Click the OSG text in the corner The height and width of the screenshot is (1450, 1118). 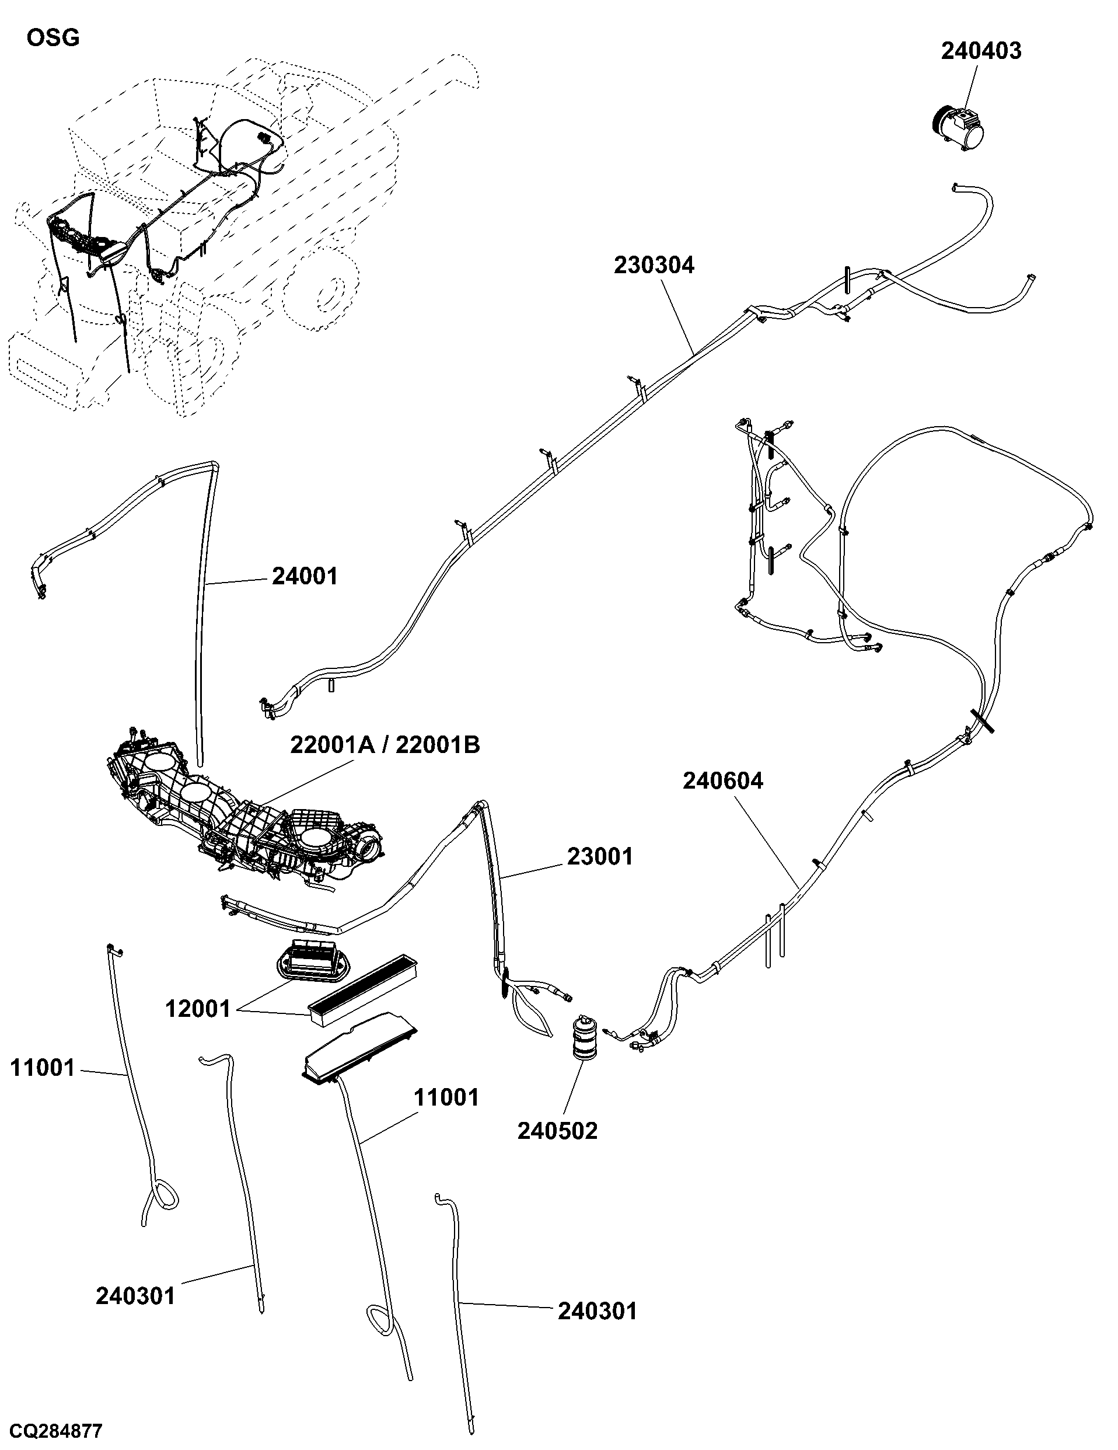(53, 38)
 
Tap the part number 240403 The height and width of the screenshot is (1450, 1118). (981, 51)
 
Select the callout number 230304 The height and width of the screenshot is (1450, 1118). (654, 265)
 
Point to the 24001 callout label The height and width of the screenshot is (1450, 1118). (305, 576)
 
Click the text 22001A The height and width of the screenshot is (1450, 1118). (330, 745)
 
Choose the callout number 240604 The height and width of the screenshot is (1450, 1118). (722, 781)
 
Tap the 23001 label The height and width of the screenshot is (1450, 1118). (600, 856)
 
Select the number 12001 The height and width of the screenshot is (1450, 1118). (198, 1009)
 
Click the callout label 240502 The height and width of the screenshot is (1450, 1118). (557, 1131)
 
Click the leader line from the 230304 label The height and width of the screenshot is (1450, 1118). (677, 315)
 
